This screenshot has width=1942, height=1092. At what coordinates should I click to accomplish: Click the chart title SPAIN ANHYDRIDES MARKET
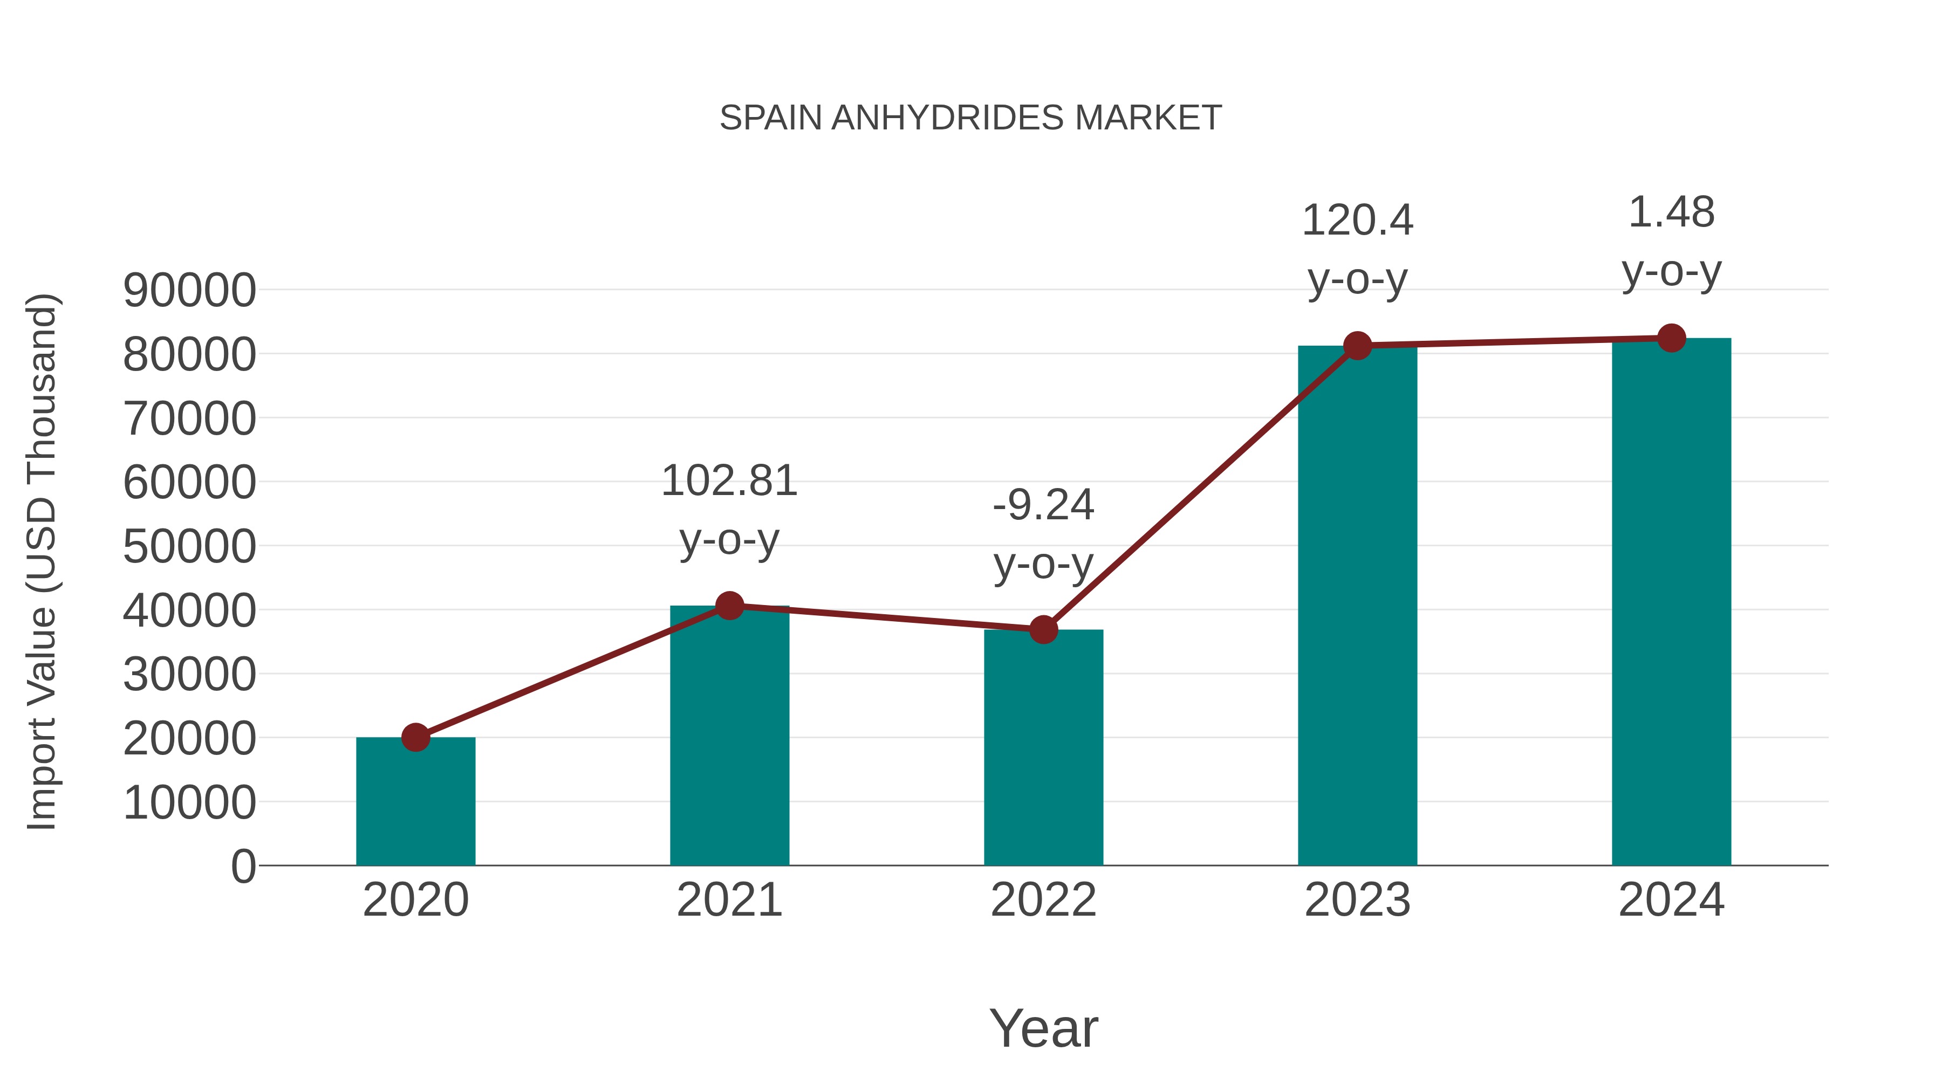click(x=970, y=118)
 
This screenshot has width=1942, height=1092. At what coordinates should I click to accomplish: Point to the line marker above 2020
click(x=415, y=737)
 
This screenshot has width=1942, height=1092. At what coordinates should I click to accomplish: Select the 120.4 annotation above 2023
click(x=1357, y=221)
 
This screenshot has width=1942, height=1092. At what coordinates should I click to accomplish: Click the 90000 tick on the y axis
click(x=189, y=290)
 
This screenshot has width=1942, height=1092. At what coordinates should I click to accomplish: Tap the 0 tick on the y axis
click(x=243, y=866)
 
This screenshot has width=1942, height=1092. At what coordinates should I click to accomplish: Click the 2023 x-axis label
click(x=1357, y=900)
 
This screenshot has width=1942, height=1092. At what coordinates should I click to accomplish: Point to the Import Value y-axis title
click(x=42, y=562)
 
